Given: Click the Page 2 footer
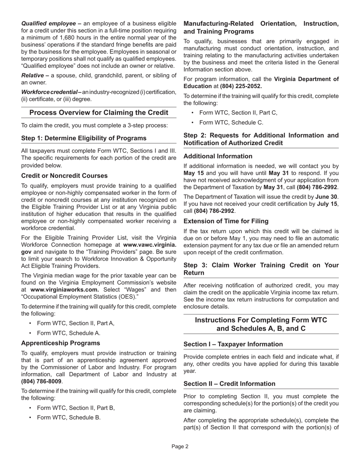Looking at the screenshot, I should point(180,447).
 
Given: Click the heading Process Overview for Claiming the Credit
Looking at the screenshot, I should point(99,113).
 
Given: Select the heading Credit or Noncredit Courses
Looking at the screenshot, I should point(64,176).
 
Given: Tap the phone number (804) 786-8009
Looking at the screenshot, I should point(41,382).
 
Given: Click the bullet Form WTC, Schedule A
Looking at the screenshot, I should point(69,333).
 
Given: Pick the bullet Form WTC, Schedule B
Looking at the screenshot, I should point(69,418).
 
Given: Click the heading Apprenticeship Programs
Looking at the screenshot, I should point(61,343).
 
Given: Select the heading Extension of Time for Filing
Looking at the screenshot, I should point(226,221).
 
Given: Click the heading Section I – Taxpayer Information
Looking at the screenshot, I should point(233,344).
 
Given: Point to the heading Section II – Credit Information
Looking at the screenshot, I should point(229,384).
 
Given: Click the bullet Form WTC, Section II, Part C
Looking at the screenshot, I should point(238,113).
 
